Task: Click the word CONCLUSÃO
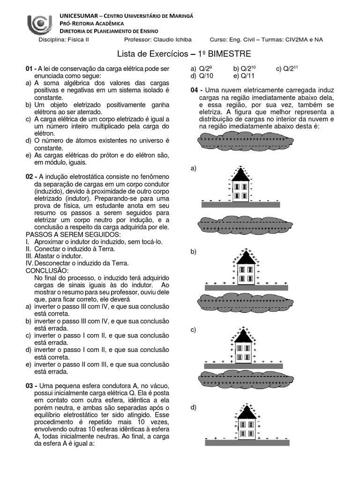click(47, 271)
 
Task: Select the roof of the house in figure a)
click(240, 175)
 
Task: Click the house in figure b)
click(243, 269)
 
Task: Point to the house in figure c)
click(243, 347)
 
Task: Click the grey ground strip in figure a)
click(240, 204)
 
